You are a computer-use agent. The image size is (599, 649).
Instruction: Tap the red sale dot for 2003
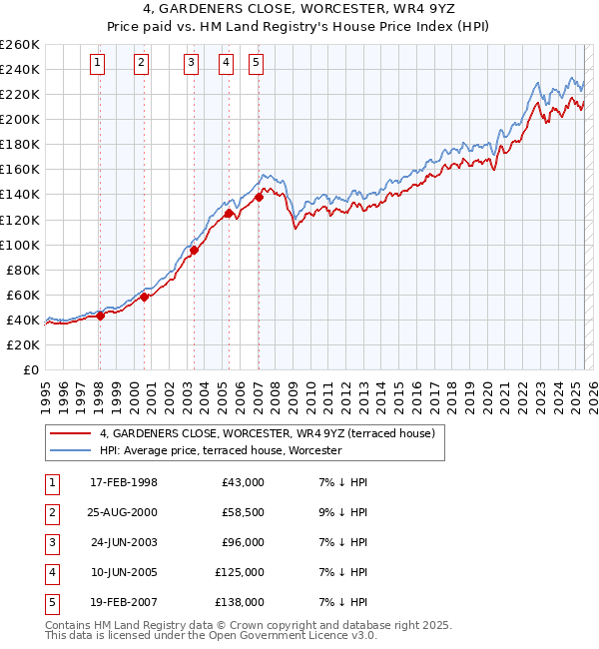click(194, 250)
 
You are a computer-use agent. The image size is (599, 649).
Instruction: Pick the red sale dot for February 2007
click(259, 197)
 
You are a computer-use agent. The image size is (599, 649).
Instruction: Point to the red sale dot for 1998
click(100, 316)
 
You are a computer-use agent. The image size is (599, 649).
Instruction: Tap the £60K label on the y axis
click(24, 295)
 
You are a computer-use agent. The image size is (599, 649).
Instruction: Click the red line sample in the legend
click(71, 434)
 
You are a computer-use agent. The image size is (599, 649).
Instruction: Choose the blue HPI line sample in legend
click(71, 451)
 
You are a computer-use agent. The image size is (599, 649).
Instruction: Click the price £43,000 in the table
click(243, 482)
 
